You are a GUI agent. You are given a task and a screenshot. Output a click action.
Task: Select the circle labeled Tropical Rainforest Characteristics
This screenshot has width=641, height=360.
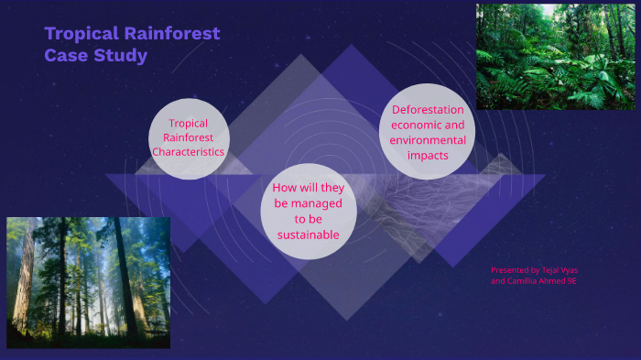(x=188, y=138)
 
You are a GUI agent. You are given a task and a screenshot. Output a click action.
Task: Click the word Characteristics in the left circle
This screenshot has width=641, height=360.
(x=188, y=152)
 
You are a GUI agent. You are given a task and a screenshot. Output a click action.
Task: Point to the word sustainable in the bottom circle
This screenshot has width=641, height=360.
(x=308, y=235)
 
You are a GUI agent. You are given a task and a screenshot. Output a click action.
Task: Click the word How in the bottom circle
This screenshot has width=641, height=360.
(x=284, y=188)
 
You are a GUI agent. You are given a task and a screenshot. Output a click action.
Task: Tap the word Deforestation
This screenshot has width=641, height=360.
(x=428, y=110)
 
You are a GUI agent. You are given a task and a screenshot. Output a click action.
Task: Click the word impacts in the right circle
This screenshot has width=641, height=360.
(x=428, y=155)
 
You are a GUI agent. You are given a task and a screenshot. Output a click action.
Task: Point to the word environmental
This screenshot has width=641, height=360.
(x=428, y=140)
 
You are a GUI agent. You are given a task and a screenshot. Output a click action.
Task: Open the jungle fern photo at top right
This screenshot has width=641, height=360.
(x=556, y=57)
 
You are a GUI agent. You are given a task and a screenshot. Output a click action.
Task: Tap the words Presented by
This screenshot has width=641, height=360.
(x=515, y=270)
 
